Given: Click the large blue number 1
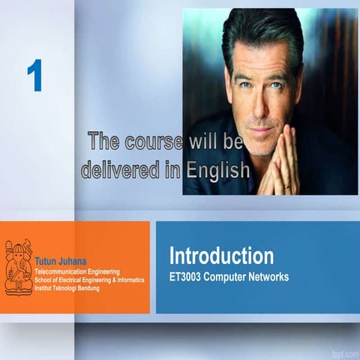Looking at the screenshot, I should click(34, 76).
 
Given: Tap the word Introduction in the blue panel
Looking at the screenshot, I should click(220, 256).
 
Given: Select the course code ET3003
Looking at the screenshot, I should click(188, 277).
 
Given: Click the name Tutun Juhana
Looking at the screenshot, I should click(57, 261).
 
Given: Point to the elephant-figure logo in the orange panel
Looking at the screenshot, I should click(19, 266).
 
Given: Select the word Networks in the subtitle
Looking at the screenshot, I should click(267, 277).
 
